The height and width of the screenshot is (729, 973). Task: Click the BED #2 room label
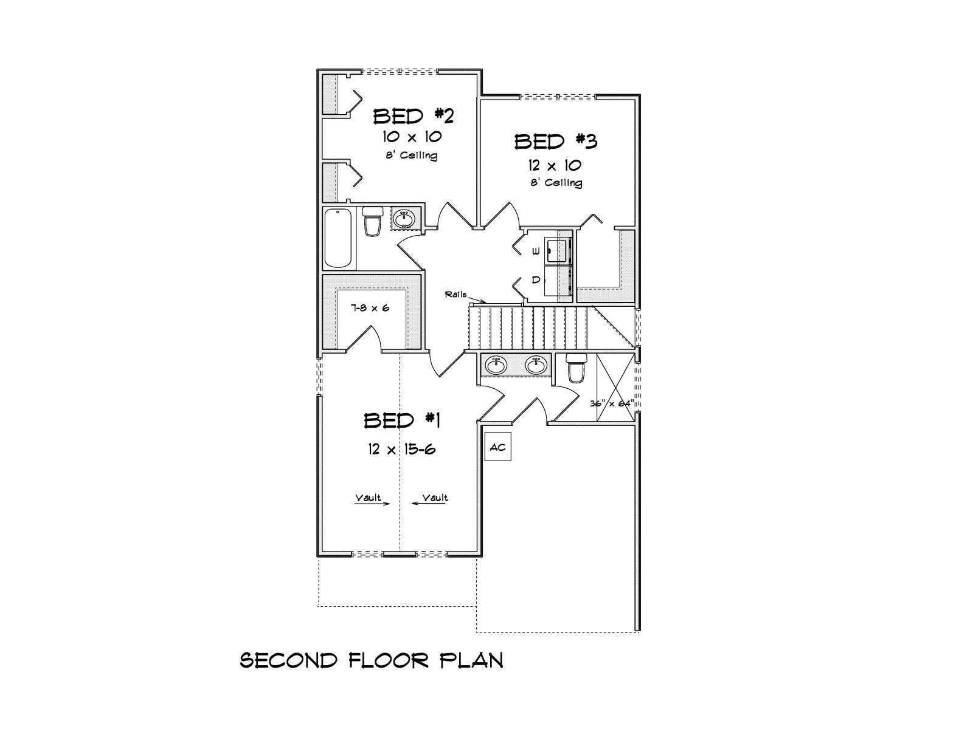coord(414,117)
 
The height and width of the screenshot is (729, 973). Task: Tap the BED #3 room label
coord(556,142)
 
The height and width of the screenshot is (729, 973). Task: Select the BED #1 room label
coord(401,420)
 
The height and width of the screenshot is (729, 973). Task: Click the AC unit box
coord(497,447)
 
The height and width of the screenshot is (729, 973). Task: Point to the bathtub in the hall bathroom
coord(338,238)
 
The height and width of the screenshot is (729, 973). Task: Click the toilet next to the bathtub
coord(372,221)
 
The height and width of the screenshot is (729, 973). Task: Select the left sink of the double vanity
coord(496,366)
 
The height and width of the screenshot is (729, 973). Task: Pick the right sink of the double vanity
coord(536,366)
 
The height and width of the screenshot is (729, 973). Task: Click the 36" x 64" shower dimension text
coord(612,403)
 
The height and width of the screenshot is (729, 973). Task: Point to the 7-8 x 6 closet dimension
coord(370,307)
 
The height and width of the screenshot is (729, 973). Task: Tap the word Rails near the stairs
coord(455,295)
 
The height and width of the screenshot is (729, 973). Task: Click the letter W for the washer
coord(536,252)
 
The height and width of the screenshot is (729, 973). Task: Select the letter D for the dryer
coord(536,279)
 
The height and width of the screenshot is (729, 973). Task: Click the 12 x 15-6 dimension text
coord(401,450)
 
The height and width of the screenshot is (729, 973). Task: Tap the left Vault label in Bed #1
coord(368,498)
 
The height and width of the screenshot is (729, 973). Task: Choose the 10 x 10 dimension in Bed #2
coord(412,136)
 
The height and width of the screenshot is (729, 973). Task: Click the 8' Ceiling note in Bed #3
coord(557,182)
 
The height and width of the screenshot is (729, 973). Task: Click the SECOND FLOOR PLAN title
coord(372,660)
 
